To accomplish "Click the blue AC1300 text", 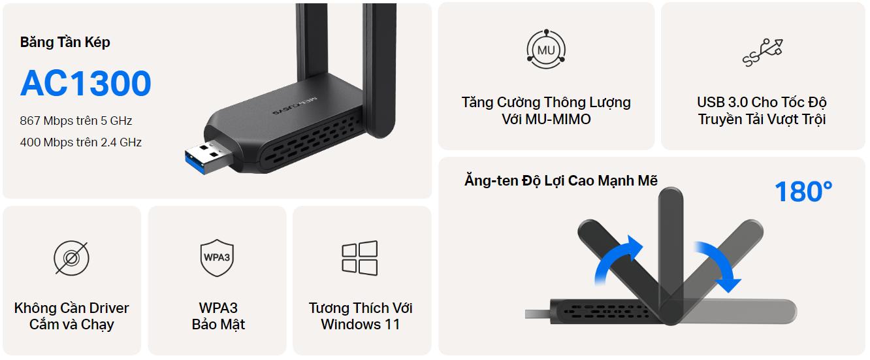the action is pos(86,83).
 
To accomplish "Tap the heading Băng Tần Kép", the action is pos(65,42).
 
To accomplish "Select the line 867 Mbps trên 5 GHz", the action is pos(76,121).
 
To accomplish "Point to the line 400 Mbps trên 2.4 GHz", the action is pos(80,142).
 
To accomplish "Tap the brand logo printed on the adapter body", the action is pos(294,106).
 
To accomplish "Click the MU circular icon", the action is pos(546,50).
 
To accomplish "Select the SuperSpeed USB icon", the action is pos(762,52).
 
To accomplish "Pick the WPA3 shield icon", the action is pos(217,258).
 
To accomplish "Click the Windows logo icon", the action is pos(360,258).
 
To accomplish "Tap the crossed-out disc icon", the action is pos(71,258).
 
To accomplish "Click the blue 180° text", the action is pos(803,191).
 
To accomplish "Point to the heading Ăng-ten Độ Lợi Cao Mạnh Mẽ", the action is pos(561,180).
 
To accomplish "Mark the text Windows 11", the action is pos(360,324).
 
